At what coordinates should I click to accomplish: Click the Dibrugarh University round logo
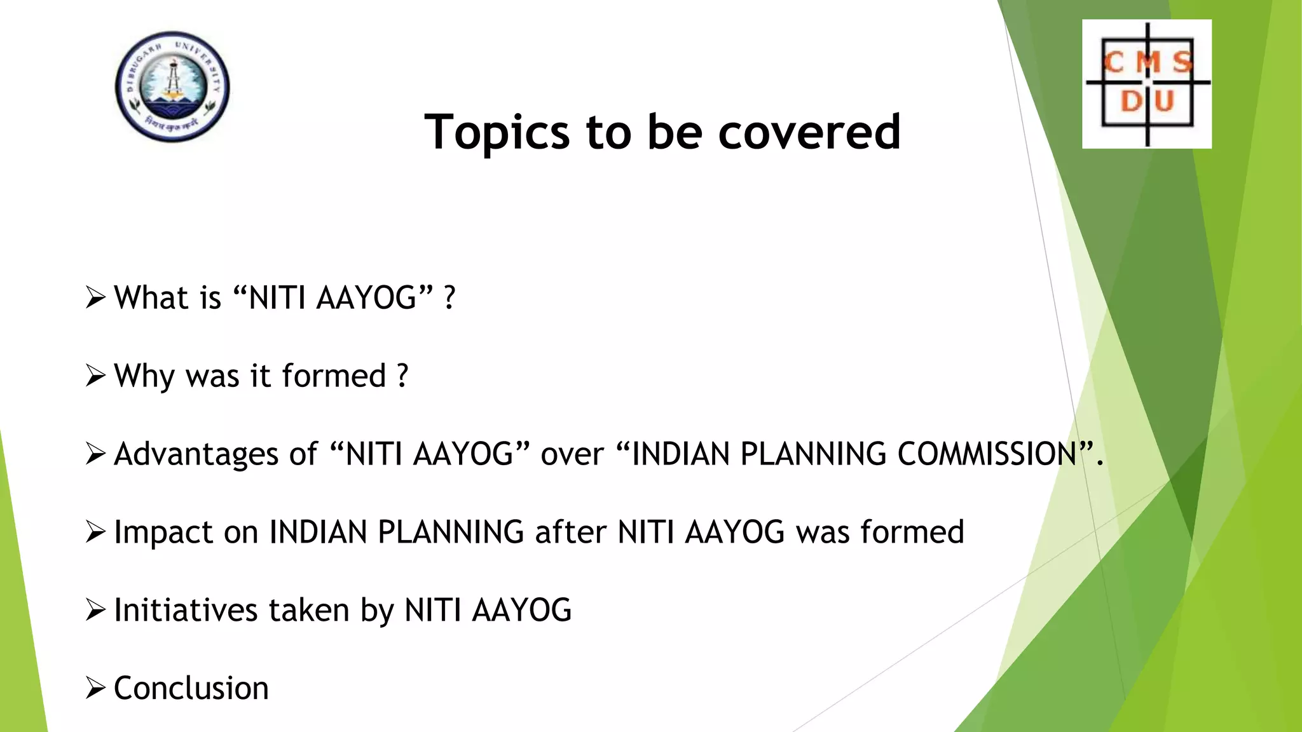click(172, 86)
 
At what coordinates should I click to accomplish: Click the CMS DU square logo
click(1146, 84)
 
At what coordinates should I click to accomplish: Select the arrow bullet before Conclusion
click(95, 688)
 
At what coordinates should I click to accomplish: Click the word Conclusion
click(191, 688)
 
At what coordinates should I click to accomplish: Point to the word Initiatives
click(186, 610)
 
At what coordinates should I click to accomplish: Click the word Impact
click(163, 532)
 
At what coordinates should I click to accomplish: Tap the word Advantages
click(196, 454)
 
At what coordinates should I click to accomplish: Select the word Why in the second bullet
click(144, 376)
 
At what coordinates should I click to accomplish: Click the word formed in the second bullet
click(334, 376)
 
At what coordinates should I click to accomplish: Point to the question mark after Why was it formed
click(402, 376)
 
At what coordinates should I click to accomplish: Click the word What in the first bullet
click(151, 297)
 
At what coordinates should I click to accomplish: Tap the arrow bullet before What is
click(95, 297)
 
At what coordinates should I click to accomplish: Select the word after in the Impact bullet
click(570, 532)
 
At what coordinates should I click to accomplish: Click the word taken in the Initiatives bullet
click(309, 610)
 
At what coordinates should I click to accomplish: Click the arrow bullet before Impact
click(95, 532)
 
